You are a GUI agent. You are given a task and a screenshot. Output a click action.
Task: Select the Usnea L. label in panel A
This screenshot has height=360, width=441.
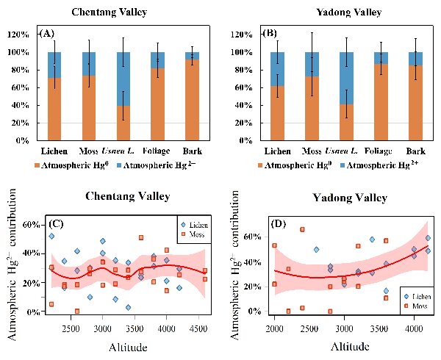(132, 150)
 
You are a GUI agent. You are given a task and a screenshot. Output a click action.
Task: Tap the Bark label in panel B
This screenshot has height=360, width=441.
(415, 150)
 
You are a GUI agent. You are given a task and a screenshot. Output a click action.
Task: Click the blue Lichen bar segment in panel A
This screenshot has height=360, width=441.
(59, 62)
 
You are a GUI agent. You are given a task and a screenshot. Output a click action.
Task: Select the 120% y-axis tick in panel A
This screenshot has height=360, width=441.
(24, 35)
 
